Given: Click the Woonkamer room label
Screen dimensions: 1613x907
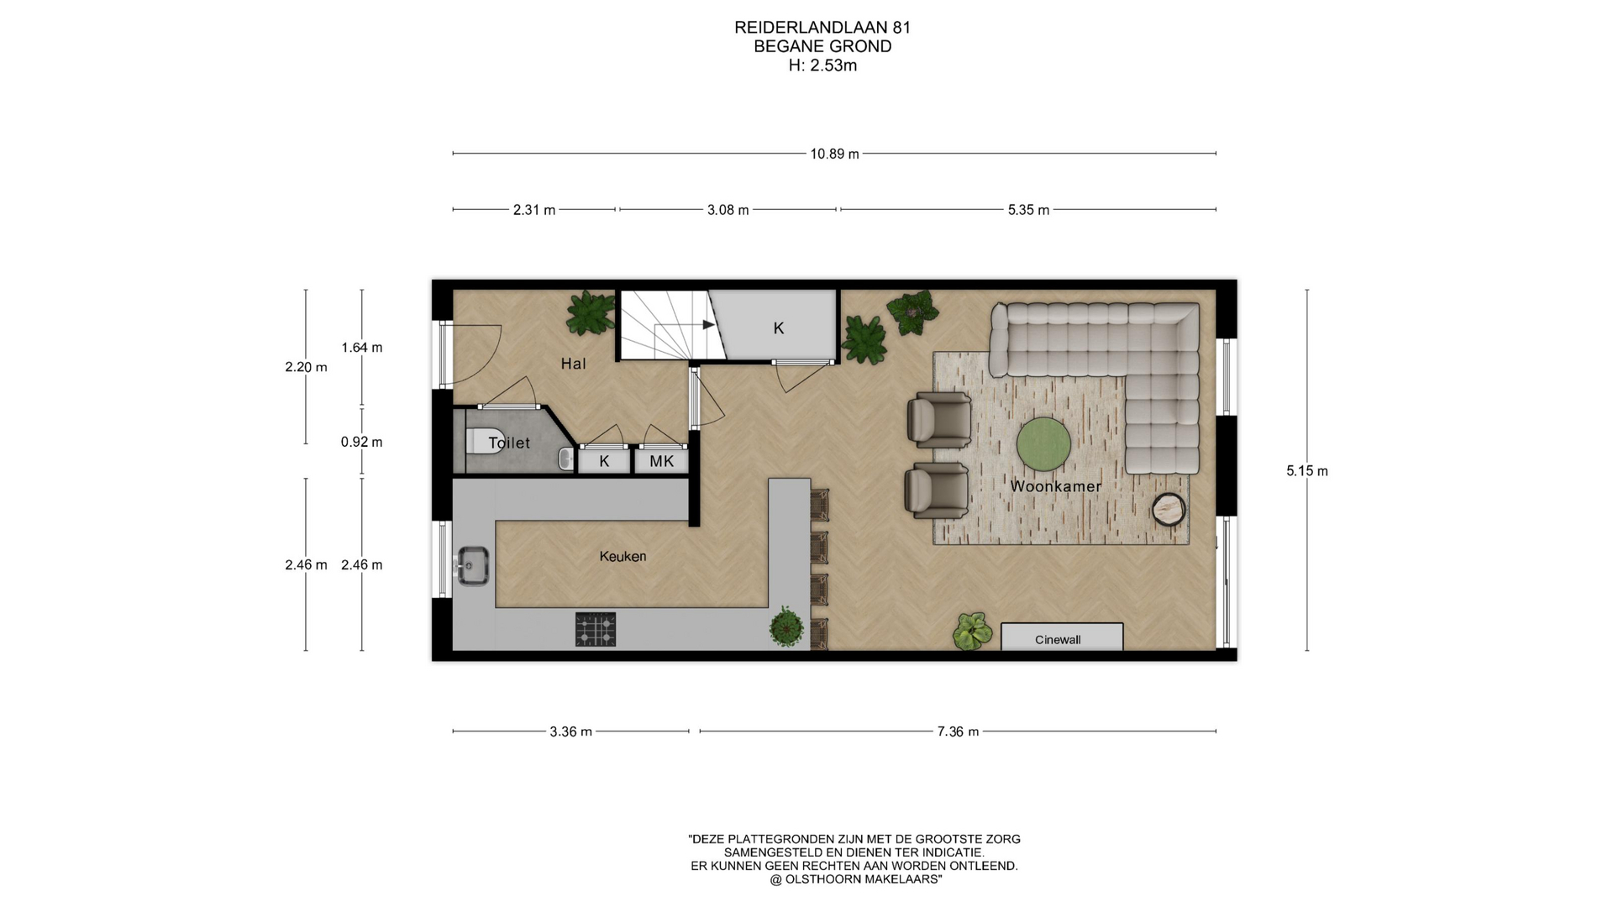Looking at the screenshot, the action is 1055,486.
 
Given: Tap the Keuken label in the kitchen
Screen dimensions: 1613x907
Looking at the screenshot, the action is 623,556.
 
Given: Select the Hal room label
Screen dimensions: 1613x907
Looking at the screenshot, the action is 574,364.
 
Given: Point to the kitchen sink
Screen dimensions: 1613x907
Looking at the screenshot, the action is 473,565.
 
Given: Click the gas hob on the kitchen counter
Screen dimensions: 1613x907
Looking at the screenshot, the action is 596,629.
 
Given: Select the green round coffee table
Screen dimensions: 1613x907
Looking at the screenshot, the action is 1043,444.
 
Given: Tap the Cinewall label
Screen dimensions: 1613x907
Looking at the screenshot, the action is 1058,640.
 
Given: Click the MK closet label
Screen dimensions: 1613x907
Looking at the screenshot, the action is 662,461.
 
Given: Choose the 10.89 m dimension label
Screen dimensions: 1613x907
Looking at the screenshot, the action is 834,154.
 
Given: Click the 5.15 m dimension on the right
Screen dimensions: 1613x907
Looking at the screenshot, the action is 1307,471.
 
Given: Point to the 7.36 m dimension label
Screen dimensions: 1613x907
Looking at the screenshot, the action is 958,731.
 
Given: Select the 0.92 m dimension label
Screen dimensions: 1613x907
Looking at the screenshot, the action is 361,442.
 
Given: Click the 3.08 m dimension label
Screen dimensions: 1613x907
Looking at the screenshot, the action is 728,210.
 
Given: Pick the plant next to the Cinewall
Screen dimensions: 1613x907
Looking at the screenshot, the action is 973,631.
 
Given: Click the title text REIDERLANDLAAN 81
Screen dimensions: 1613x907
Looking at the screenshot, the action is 822,27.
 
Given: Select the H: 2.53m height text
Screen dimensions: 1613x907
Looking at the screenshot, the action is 822,66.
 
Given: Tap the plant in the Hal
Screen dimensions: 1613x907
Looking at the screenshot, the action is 590,312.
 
